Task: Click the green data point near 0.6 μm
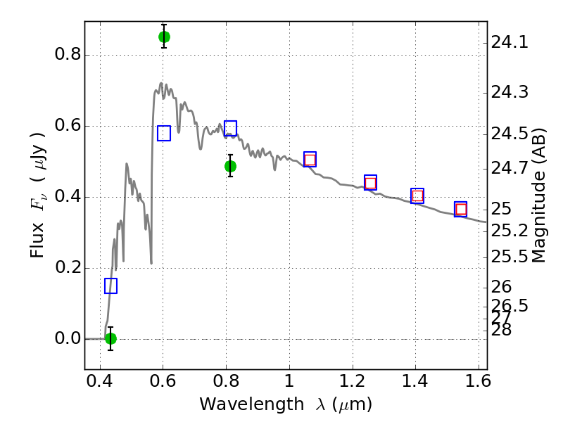(164, 37)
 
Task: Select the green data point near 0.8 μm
(231, 166)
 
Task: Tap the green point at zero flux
(111, 338)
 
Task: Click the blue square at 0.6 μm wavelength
(164, 133)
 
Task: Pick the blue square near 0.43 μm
(111, 286)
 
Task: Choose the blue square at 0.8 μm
(231, 128)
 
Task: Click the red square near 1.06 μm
(310, 160)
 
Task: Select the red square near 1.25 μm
(370, 183)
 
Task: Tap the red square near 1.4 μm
(417, 196)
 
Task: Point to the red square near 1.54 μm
(461, 209)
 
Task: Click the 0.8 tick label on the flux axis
(68, 55)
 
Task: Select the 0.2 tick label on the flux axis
(68, 267)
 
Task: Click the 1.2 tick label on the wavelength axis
(353, 381)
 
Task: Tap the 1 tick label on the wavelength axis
(289, 381)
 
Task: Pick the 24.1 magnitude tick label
(510, 43)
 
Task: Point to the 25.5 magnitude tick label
(510, 257)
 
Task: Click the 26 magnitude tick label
(501, 287)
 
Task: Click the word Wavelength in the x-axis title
(252, 404)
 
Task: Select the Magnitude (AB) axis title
(538, 196)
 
